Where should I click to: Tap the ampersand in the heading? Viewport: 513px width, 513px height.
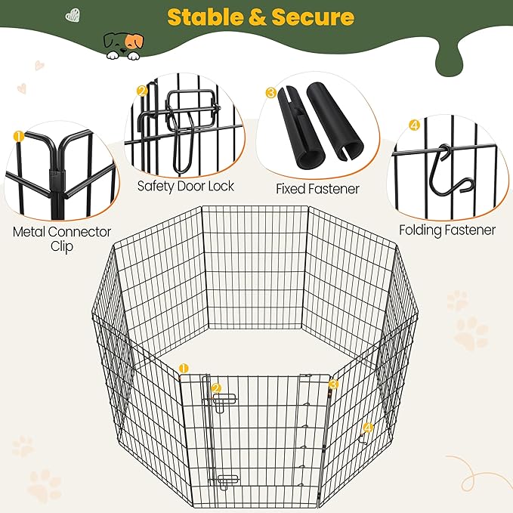pyautogui.click(x=258, y=17)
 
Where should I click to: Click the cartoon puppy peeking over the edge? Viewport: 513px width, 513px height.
pyautogui.click(x=123, y=45)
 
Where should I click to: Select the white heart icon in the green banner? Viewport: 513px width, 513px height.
pyautogui.click(x=73, y=15)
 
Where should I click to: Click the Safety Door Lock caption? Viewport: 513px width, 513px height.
pyautogui.click(x=186, y=186)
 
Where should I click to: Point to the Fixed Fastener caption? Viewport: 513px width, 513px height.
pyautogui.click(x=317, y=189)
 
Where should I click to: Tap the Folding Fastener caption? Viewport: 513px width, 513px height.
pyautogui.click(x=447, y=230)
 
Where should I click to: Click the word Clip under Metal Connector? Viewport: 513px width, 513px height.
pyautogui.click(x=62, y=246)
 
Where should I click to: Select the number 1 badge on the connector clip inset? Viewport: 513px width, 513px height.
pyautogui.click(x=19, y=136)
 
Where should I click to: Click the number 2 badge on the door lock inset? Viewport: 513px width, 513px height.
pyautogui.click(x=142, y=91)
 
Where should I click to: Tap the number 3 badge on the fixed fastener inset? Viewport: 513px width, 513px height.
pyautogui.click(x=271, y=93)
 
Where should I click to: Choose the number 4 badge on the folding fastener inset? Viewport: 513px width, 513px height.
pyautogui.click(x=414, y=125)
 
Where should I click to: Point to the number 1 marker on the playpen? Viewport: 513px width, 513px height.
pyautogui.click(x=184, y=369)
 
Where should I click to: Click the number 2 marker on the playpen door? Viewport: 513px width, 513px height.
pyautogui.click(x=216, y=388)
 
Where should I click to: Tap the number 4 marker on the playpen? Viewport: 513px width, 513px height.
pyautogui.click(x=368, y=428)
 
